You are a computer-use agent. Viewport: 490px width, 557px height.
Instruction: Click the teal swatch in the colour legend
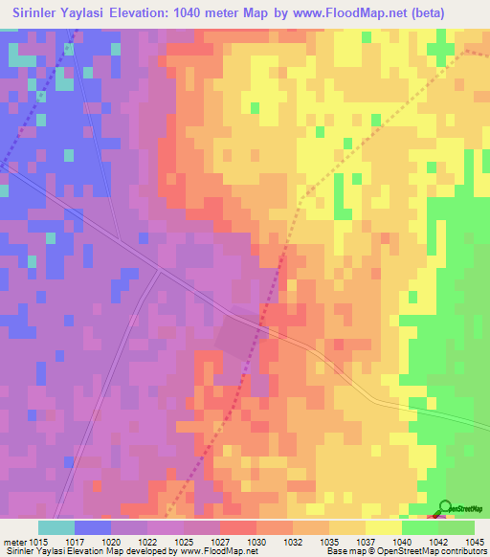pyautogui.click(x=56, y=527)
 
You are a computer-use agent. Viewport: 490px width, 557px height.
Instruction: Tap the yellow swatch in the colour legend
pyautogui.click(x=383, y=527)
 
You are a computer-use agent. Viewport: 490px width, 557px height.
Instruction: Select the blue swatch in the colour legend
pyautogui.click(x=92, y=527)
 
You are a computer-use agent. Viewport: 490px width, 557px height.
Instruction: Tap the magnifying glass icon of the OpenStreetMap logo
pyautogui.click(x=445, y=507)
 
